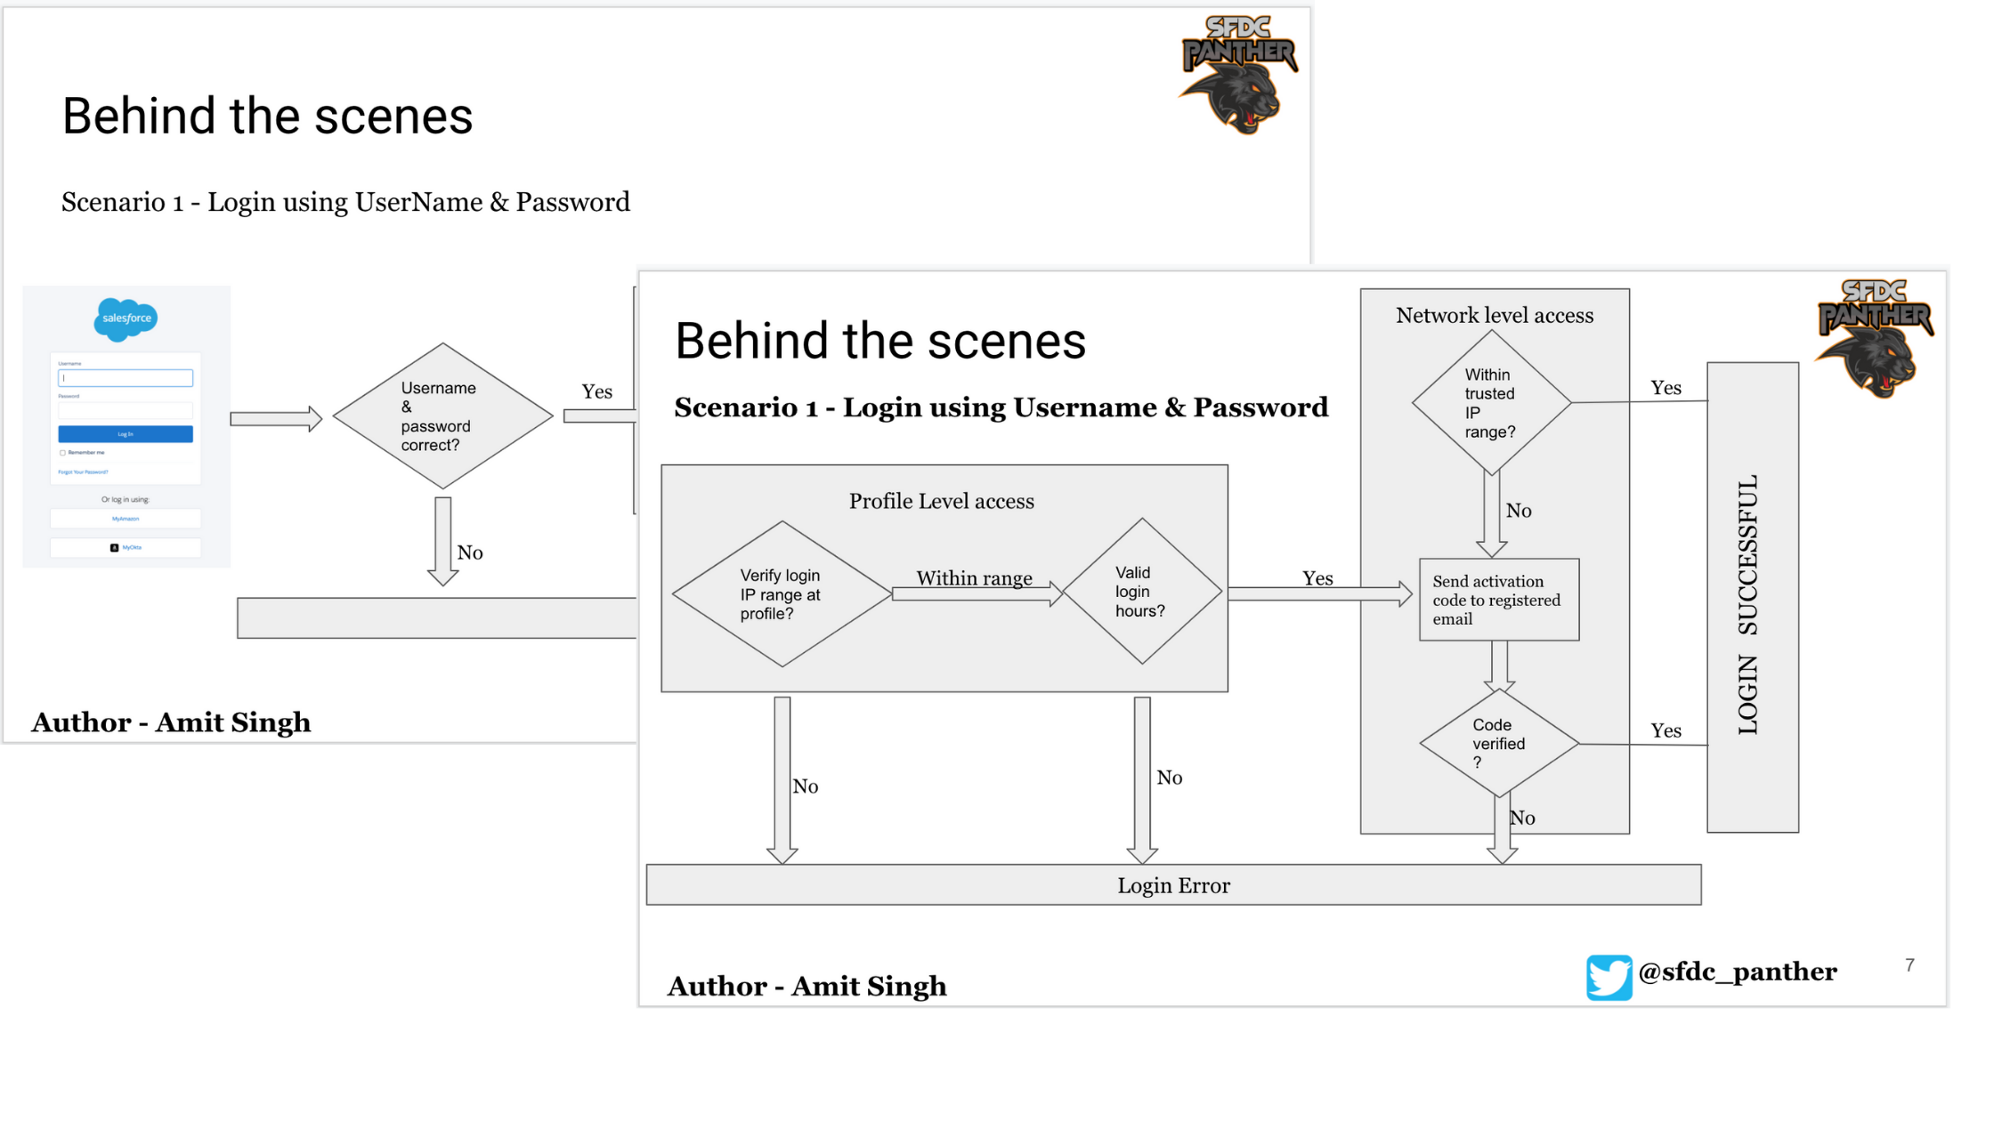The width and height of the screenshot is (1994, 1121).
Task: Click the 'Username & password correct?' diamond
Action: click(x=442, y=416)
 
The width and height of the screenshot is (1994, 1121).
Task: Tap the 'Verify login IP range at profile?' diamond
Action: click(x=781, y=594)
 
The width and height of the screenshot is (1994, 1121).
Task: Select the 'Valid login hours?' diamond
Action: click(x=1141, y=592)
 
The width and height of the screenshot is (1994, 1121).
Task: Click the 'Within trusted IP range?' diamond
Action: click(x=1491, y=403)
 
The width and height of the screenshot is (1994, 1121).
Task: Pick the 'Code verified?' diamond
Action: click(x=1499, y=743)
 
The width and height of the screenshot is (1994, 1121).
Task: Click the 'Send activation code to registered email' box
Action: click(x=1499, y=600)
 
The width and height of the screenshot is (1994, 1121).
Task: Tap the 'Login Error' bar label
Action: click(x=1173, y=885)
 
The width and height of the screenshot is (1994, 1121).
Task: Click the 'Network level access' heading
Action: click(x=1495, y=315)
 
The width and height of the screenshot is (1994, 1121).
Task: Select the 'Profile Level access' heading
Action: click(x=941, y=501)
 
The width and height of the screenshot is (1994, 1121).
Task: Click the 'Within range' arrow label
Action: click(x=974, y=578)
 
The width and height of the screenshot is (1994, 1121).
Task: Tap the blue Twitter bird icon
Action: click(x=1609, y=977)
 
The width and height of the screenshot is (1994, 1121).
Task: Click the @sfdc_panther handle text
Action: click(x=1737, y=972)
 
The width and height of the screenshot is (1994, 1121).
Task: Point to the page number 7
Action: click(x=1909, y=965)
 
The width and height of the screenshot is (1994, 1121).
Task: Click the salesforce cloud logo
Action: click(x=126, y=319)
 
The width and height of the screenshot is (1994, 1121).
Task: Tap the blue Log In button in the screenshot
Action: click(x=126, y=434)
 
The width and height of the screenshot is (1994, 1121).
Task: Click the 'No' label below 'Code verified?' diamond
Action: click(x=1523, y=818)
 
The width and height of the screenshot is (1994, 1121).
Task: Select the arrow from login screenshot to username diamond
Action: click(x=276, y=418)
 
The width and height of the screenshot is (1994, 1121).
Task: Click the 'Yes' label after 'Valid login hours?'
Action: click(x=1317, y=578)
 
